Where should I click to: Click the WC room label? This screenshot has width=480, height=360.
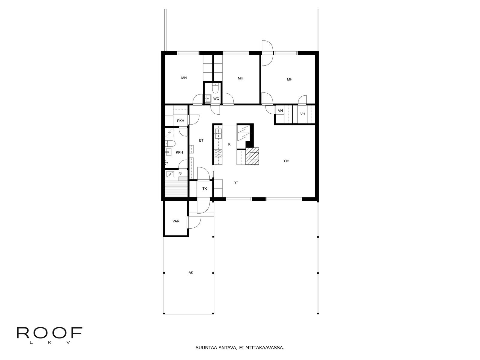click(x=216, y=99)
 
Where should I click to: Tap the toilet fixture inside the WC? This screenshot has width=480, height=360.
click(x=215, y=88)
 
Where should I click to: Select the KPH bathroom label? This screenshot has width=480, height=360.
click(x=179, y=152)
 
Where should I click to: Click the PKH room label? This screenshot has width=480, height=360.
click(x=181, y=121)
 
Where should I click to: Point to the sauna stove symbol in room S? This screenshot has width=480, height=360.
click(x=170, y=174)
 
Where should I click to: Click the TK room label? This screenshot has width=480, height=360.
click(x=205, y=189)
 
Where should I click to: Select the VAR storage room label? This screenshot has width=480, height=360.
click(x=176, y=221)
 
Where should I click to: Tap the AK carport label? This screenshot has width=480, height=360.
click(x=191, y=273)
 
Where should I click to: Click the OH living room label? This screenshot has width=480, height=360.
click(x=286, y=161)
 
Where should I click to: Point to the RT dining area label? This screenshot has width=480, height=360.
click(x=236, y=183)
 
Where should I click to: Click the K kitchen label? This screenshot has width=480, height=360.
click(x=229, y=144)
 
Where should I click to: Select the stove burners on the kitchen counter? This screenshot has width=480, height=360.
click(x=218, y=153)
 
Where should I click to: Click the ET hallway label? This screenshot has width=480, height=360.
click(x=201, y=140)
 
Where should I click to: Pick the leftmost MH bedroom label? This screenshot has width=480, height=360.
click(x=184, y=78)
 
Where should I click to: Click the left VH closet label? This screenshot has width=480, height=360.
click(x=280, y=111)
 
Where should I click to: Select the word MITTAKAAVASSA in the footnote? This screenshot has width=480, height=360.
click(x=264, y=348)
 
